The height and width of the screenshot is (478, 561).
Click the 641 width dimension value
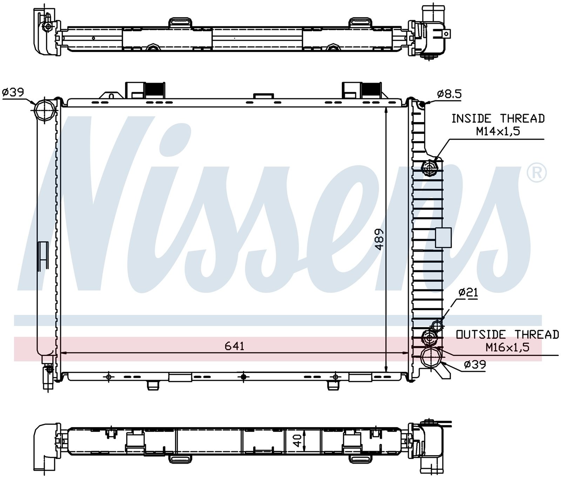234,346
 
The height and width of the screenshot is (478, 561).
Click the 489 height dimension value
379,240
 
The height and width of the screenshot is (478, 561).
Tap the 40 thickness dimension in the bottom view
297,440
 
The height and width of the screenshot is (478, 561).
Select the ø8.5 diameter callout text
449,94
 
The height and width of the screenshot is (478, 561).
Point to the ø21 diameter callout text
468,292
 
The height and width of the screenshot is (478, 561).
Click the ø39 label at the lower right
475,365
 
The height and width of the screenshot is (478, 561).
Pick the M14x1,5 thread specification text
498,131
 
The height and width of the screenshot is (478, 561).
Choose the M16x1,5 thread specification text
507,347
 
